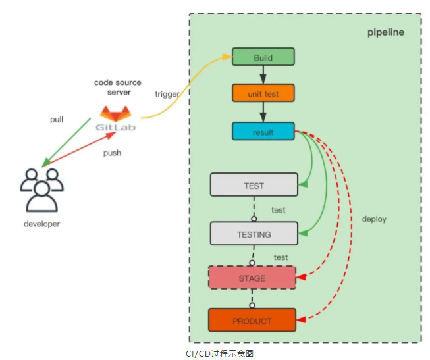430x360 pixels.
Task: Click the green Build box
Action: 263,57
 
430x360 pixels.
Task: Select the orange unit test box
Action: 263,93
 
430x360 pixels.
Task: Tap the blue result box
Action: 263,132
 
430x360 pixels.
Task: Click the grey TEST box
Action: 254,185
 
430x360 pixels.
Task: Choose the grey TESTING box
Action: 254,234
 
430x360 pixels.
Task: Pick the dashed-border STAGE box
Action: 251,278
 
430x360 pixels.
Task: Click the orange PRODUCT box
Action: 252,321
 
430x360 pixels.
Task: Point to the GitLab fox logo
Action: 116,112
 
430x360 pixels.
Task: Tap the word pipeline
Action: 385,32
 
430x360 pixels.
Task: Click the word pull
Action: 57,120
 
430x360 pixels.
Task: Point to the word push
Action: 112,153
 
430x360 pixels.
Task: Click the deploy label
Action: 373,219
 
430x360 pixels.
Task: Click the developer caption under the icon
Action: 41,224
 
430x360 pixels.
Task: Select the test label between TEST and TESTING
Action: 279,210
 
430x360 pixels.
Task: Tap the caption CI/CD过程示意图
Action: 215,353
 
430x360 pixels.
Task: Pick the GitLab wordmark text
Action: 116,126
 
